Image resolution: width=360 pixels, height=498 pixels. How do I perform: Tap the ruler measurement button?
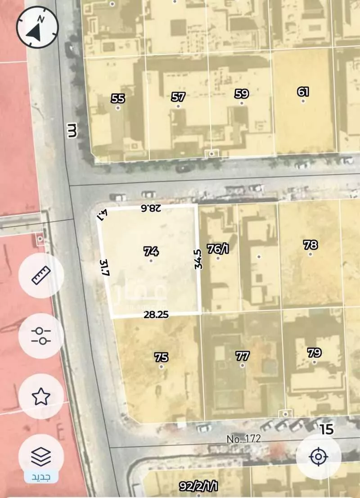[x=41, y=275]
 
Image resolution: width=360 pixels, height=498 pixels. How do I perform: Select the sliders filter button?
[x=41, y=336]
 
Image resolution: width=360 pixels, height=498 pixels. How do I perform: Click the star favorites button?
[x=41, y=396]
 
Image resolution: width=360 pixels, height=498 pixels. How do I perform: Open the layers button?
[x=41, y=456]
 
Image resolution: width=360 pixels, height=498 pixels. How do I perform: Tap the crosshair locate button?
[x=319, y=457]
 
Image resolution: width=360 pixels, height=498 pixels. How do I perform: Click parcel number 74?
[x=151, y=251]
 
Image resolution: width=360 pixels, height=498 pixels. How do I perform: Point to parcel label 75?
[x=161, y=357]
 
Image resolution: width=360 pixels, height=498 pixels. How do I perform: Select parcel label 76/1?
[x=218, y=249]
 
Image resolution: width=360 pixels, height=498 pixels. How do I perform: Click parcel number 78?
[x=310, y=245]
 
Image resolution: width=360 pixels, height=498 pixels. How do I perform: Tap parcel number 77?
[x=243, y=356]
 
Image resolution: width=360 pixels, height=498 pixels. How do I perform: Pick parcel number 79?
[x=314, y=353]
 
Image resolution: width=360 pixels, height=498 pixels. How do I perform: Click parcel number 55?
[x=118, y=99]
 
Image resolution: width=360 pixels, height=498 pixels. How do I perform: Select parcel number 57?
[x=178, y=97]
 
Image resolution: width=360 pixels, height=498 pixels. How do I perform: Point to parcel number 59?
[x=242, y=94]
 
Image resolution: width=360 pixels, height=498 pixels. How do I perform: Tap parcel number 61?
[x=303, y=92]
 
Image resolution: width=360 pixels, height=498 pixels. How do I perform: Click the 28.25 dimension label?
[x=156, y=315]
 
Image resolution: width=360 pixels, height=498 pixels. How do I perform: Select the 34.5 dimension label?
[x=198, y=260]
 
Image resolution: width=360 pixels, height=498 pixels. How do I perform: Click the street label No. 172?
[x=243, y=439]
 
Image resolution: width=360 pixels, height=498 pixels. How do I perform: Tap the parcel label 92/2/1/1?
[x=198, y=486]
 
